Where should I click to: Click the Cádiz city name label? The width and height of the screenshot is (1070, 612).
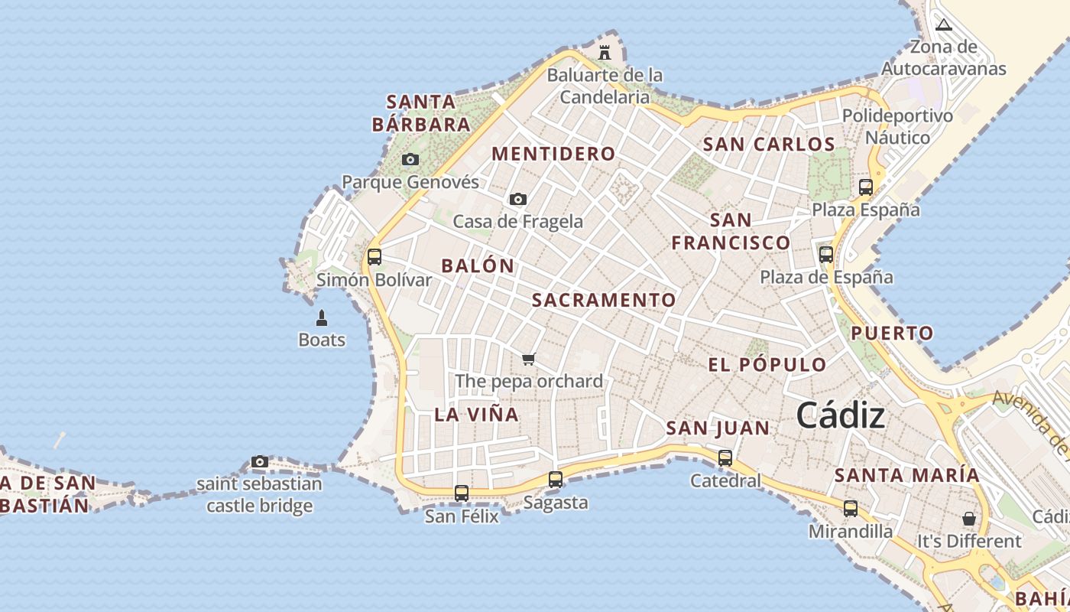[x=841, y=416]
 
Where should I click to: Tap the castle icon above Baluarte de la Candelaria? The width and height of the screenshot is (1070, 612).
[x=605, y=52]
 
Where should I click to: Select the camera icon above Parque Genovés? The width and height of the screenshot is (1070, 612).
[x=410, y=159]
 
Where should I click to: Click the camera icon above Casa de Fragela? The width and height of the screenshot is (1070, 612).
[x=517, y=199]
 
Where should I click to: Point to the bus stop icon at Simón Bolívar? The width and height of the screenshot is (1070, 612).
[x=374, y=256]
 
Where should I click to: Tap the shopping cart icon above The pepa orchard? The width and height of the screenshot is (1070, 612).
[x=528, y=358]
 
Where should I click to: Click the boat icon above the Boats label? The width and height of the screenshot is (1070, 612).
[x=322, y=317]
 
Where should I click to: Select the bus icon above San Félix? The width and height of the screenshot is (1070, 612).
[x=462, y=493]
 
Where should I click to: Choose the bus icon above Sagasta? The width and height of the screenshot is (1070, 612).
[x=556, y=480]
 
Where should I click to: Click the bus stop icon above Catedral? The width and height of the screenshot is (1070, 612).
[x=725, y=458]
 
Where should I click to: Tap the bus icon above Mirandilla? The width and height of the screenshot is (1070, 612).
[x=850, y=508]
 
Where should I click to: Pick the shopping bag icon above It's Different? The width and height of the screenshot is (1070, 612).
[x=969, y=519]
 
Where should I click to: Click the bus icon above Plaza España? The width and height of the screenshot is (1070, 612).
[x=866, y=187]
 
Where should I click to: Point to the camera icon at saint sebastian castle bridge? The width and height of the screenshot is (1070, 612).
[x=260, y=461]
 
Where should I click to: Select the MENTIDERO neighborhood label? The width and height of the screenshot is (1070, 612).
[x=553, y=154]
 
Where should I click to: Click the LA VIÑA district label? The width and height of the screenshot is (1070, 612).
[x=476, y=415]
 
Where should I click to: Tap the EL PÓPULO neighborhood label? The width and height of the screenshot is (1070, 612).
[x=767, y=365]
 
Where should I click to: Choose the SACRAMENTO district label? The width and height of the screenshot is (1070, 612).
[x=604, y=300]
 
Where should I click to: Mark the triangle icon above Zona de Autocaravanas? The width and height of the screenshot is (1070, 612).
[x=944, y=24]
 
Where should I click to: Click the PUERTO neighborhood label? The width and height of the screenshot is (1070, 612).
[x=892, y=333]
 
